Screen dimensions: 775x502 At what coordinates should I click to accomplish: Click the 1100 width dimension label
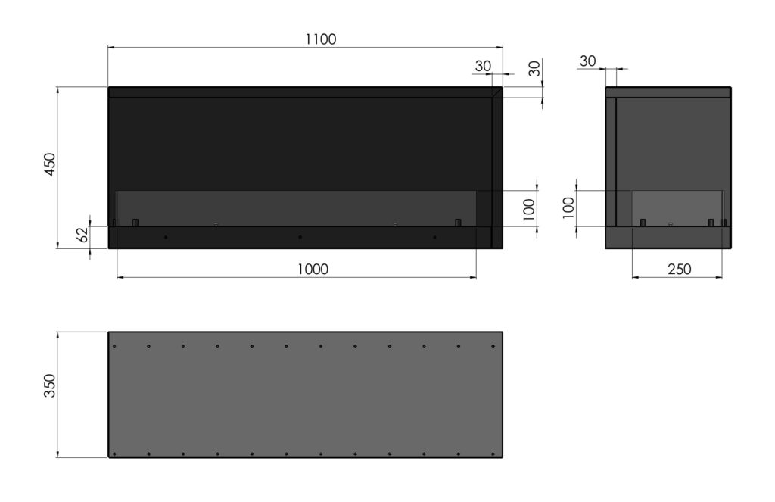pyautogui.click(x=321, y=39)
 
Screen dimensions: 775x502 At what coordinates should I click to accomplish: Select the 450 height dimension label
pyautogui.click(x=51, y=164)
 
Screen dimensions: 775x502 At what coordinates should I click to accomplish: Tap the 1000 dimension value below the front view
pyautogui.click(x=313, y=269)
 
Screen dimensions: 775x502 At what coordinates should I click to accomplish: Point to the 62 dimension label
pyautogui.click(x=83, y=234)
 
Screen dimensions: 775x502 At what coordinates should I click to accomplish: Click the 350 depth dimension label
pyautogui.click(x=51, y=385)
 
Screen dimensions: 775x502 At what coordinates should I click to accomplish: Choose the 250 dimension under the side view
pyautogui.click(x=679, y=269)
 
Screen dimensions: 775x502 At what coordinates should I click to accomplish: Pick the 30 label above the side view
pyautogui.click(x=587, y=61)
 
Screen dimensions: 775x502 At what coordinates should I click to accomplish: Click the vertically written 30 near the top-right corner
pyautogui.click(x=535, y=69)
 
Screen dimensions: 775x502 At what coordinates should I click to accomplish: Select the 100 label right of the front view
pyautogui.click(x=529, y=209)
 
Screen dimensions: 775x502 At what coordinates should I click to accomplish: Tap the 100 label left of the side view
pyautogui.click(x=568, y=207)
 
